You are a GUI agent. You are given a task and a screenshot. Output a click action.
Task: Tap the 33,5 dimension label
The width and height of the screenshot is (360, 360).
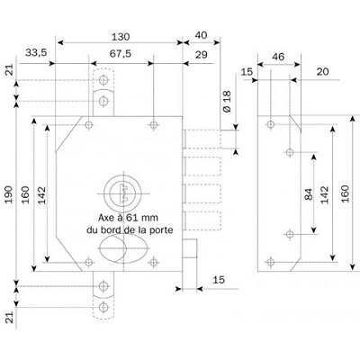(x=38, y=54)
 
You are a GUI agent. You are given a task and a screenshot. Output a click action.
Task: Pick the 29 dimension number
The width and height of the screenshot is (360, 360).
(x=200, y=54)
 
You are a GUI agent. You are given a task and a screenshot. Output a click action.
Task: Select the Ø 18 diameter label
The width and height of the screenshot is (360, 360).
(x=227, y=106)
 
